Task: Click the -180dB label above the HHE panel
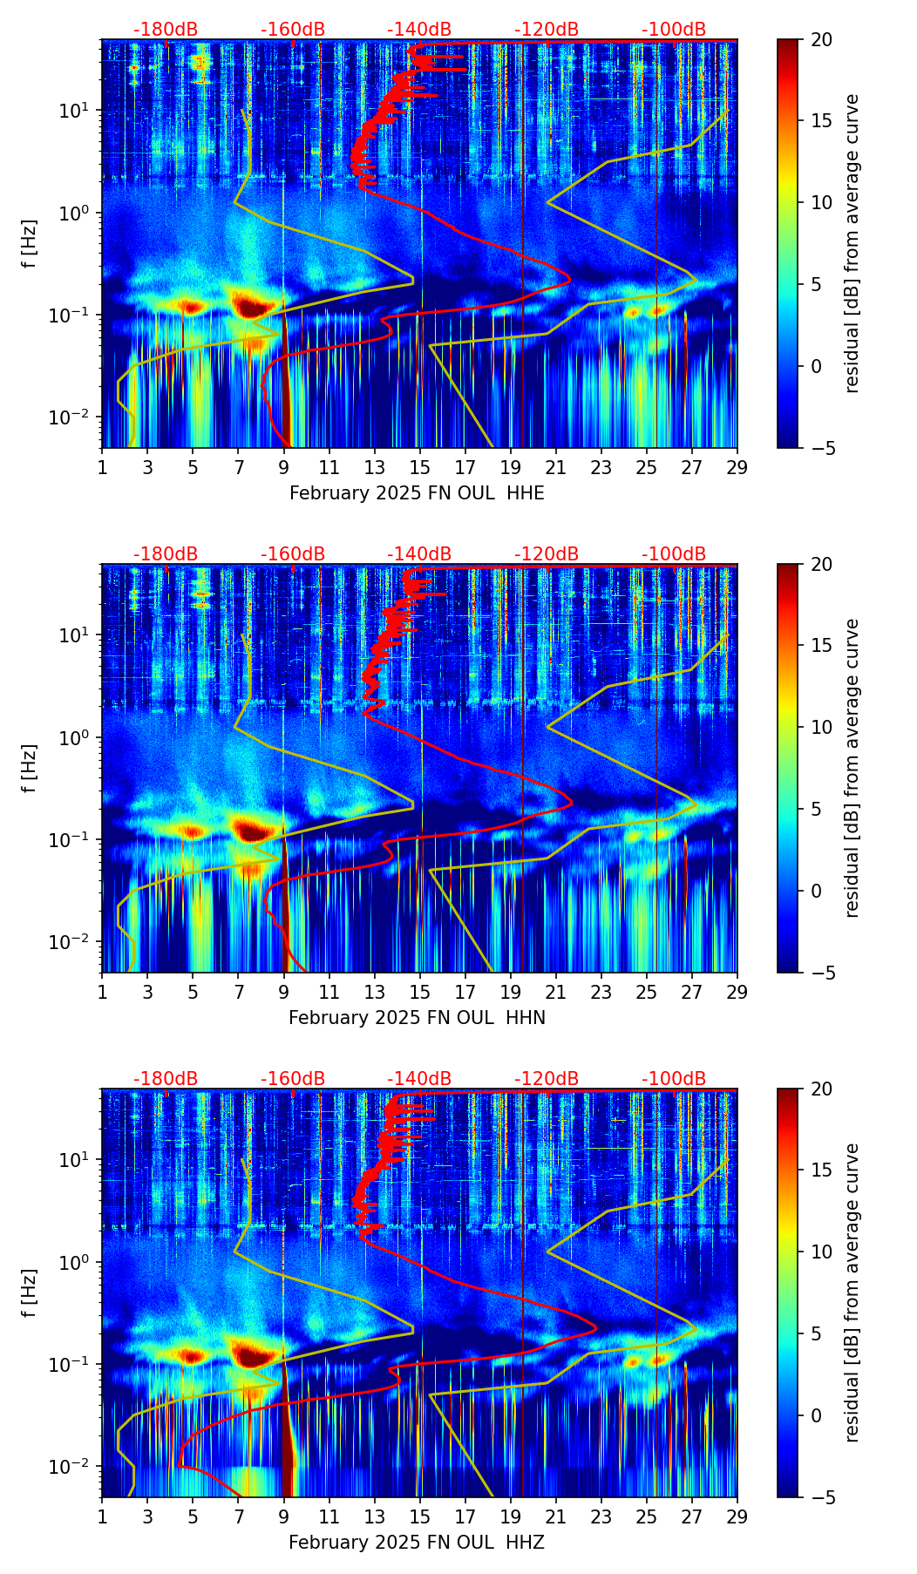[166, 30]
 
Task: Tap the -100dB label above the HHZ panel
[674, 1079]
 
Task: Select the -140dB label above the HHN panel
[419, 554]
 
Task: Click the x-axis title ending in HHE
[417, 493]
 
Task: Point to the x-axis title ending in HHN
[417, 1018]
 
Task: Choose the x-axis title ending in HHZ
[417, 1543]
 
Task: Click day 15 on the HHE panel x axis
[420, 467]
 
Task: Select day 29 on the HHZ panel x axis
[737, 1516]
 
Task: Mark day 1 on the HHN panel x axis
[103, 992]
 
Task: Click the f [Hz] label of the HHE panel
[30, 243]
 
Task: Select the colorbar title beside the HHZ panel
[852, 1292]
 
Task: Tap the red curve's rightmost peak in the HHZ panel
[595, 1328]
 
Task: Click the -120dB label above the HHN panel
[547, 554]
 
